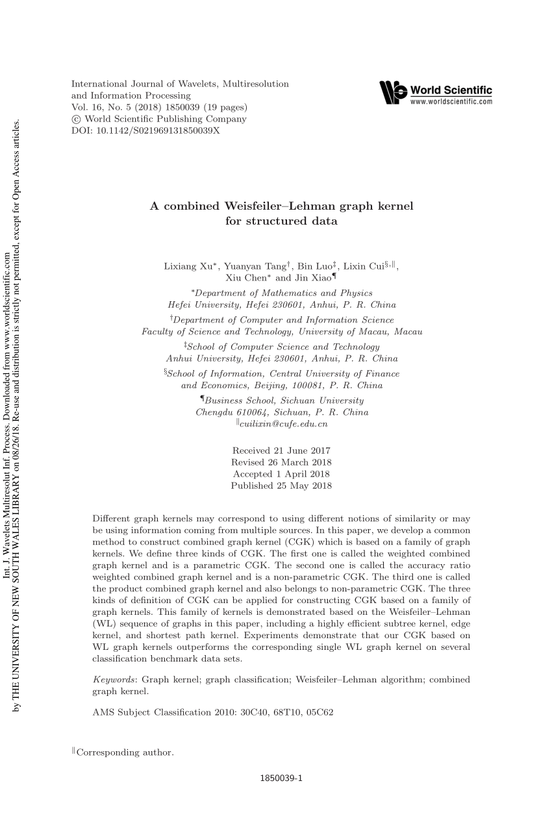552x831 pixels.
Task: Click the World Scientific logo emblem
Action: tap(394, 93)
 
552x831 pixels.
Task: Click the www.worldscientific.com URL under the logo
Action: tap(451, 102)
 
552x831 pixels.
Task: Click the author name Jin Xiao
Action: tap(307, 278)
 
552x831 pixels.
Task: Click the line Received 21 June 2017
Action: tap(281, 451)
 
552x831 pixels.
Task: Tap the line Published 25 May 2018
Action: tap(281, 486)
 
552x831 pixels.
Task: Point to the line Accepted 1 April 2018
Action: tap(281, 474)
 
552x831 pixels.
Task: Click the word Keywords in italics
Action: tap(115, 679)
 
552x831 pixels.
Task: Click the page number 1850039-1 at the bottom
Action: tap(281, 778)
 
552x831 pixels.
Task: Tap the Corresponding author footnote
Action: tap(125, 752)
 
